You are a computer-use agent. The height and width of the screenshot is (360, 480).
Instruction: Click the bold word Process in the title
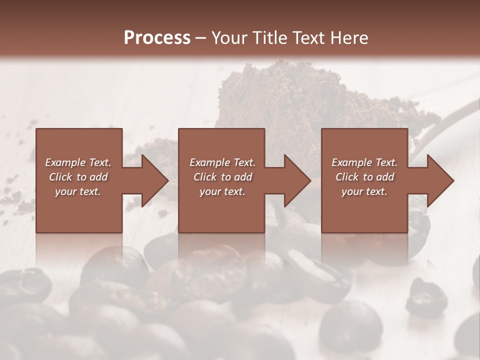point(157,37)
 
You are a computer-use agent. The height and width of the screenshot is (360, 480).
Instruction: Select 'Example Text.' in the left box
point(78,162)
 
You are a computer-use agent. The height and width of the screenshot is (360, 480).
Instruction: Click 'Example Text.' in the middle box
point(222,162)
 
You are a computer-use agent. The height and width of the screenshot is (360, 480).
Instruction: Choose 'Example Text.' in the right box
point(364,162)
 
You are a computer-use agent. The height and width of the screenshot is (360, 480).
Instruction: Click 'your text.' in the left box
point(78,191)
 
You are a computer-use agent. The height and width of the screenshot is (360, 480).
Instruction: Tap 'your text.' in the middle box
point(222,191)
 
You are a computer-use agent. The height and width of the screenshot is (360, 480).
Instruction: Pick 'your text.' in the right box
point(364,191)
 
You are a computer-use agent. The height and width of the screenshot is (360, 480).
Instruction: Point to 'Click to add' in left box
point(78,177)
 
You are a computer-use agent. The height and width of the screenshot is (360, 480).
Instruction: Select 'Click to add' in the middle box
point(222,177)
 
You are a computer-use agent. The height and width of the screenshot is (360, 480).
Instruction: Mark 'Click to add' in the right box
point(364,177)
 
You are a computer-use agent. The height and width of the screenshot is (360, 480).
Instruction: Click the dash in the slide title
point(200,38)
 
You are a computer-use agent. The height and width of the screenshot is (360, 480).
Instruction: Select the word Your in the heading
point(230,37)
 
